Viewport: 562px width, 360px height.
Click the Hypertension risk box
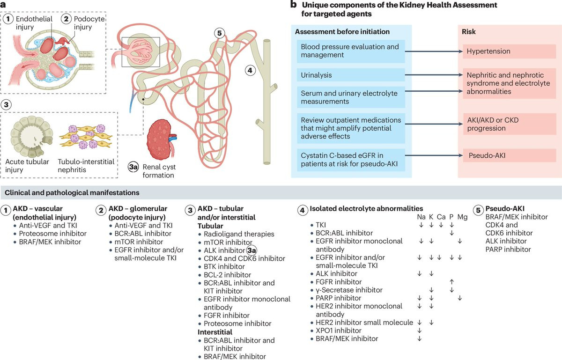tap(510, 51)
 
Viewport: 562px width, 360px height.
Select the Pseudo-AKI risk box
tap(510, 155)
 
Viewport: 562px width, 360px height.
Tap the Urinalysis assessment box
tap(351, 75)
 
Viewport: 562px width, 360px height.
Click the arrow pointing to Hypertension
tap(434, 51)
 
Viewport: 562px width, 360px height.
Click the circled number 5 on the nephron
tap(219, 33)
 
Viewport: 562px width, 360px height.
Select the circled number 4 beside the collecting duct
tap(250, 70)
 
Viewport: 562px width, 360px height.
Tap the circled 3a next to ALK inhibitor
tap(251, 250)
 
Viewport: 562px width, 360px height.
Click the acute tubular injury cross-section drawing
tap(31, 136)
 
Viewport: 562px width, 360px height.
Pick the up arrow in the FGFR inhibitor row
tap(451, 282)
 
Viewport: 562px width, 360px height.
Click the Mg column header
tap(462, 217)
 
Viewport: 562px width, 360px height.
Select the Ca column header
tap(441, 217)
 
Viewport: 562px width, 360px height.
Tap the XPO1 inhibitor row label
tap(339, 331)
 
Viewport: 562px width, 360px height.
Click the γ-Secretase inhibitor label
tap(349, 290)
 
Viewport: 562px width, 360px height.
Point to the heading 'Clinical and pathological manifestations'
tap(72, 193)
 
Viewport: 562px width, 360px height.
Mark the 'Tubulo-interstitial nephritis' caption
tap(86, 166)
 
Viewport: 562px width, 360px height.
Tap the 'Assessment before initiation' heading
tap(342, 32)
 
